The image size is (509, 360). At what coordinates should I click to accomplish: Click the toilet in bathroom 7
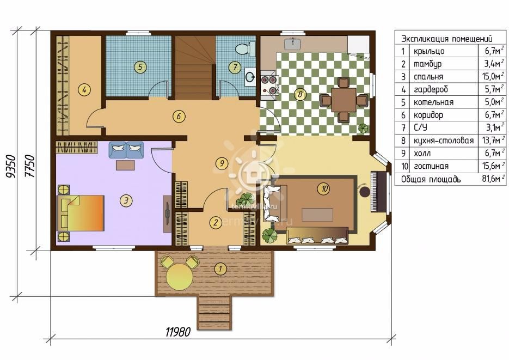point(243,48)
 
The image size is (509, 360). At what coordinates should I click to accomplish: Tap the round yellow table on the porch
point(179,277)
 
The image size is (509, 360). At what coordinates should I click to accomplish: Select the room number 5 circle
point(140,67)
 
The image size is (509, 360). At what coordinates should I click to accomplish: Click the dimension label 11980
point(177,332)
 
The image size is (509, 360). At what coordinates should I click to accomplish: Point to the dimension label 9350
point(11,167)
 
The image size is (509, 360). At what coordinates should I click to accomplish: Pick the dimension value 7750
point(29,166)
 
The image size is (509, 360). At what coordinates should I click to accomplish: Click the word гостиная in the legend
point(431,167)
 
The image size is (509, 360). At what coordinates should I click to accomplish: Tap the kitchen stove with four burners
point(269,85)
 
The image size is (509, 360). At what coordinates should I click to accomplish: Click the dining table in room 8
point(344,100)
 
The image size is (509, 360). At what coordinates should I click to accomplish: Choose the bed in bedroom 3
point(81,213)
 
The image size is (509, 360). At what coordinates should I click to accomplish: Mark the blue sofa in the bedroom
point(126,150)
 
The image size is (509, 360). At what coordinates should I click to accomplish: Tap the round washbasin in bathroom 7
point(250,77)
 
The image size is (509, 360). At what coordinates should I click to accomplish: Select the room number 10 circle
point(324,188)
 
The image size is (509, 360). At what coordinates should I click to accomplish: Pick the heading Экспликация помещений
point(447,39)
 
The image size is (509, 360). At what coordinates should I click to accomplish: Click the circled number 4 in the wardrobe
point(84,89)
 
